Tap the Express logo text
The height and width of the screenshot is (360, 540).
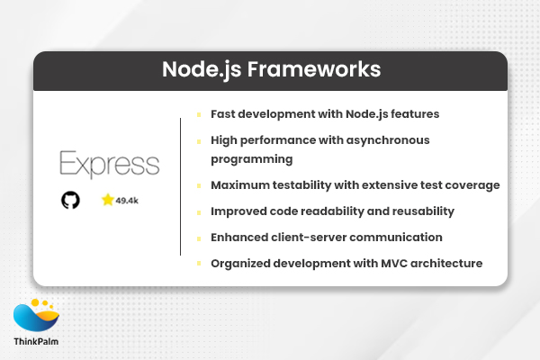(x=109, y=165)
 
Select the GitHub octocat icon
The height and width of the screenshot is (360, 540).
(x=70, y=200)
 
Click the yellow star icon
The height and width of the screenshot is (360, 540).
(x=107, y=200)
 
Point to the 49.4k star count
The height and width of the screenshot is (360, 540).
(x=127, y=201)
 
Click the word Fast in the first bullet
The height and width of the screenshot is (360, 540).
(x=224, y=115)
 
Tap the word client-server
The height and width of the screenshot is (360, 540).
(x=314, y=237)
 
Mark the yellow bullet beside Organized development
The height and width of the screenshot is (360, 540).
(x=199, y=263)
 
